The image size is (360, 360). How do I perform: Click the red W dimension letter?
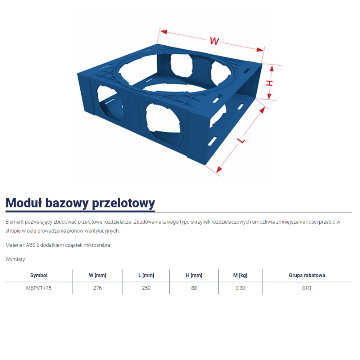coord(215,41)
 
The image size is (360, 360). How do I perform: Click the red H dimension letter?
coord(269,83)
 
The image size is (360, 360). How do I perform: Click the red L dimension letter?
coord(242,139)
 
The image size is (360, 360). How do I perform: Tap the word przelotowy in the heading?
coord(124,203)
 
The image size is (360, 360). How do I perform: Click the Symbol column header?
coord(39,275)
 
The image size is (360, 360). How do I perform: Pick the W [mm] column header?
coord(98,275)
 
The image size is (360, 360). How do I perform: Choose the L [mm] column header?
coord(146,275)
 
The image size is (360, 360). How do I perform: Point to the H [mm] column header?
coord(194,275)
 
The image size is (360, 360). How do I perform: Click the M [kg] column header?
coord(240,275)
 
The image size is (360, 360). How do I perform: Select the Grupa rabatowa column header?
coord(307,275)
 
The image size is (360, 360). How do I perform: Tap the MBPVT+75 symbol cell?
coord(39,288)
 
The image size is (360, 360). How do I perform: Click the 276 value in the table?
coord(98,288)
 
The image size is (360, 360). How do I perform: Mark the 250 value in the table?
coord(146,288)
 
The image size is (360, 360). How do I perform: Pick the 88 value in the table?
coord(194,288)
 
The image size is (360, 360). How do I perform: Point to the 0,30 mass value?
coord(240,288)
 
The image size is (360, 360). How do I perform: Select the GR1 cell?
coord(307,288)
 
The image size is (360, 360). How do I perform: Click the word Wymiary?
coord(16,260)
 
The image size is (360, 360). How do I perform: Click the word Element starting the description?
coord(15,222)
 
